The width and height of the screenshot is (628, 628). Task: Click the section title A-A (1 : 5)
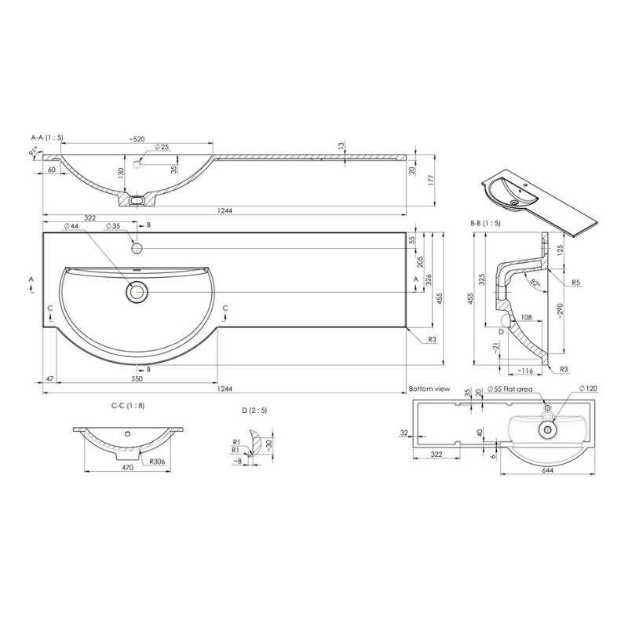click(x=47, y=137)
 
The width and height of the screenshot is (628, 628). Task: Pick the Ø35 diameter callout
click(x=111, y=226)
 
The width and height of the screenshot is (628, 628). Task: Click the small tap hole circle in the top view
click(x=137, y=248)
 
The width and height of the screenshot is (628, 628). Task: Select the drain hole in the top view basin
click(x=137, y=292)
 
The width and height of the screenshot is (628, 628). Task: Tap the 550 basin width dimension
click(x=137, y=379)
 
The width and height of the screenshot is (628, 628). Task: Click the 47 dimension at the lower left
click(x=49, y=379)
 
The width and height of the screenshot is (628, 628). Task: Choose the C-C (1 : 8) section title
click(x=128, y=407)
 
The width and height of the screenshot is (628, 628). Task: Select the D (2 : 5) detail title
click(x=256, y=409)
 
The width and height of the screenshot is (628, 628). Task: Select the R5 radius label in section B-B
click(x=575, y=281)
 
